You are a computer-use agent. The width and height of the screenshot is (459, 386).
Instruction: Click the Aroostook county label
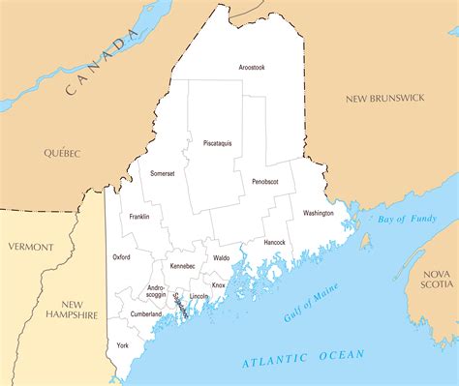[252, 67]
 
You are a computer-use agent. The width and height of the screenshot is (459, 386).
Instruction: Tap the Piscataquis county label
[217, 143]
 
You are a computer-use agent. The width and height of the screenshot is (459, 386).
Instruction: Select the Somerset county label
[162, 173]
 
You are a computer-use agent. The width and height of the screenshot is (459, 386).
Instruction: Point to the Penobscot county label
[265, 181]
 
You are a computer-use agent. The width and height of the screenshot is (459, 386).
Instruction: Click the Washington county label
[318, 213]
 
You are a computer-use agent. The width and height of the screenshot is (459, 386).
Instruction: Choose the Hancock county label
[274, 242]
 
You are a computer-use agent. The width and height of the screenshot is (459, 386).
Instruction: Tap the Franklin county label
[138, 217]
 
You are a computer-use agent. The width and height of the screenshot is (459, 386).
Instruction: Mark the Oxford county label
[121, 257]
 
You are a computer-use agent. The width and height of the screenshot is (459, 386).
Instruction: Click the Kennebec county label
[182, 265]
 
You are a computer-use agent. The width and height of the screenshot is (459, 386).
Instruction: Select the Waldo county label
[222, 258]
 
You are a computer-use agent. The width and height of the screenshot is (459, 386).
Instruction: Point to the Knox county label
[219, 285]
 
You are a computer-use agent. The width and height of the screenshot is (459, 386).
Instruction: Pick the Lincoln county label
[199, 296]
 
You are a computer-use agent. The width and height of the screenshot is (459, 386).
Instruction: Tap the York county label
[122, 345]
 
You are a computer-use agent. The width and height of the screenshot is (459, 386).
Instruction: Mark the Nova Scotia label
[436, 280]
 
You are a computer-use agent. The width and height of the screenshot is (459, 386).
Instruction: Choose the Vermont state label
[31, 247]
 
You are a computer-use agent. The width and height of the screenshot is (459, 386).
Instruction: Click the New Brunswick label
[385, 99]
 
